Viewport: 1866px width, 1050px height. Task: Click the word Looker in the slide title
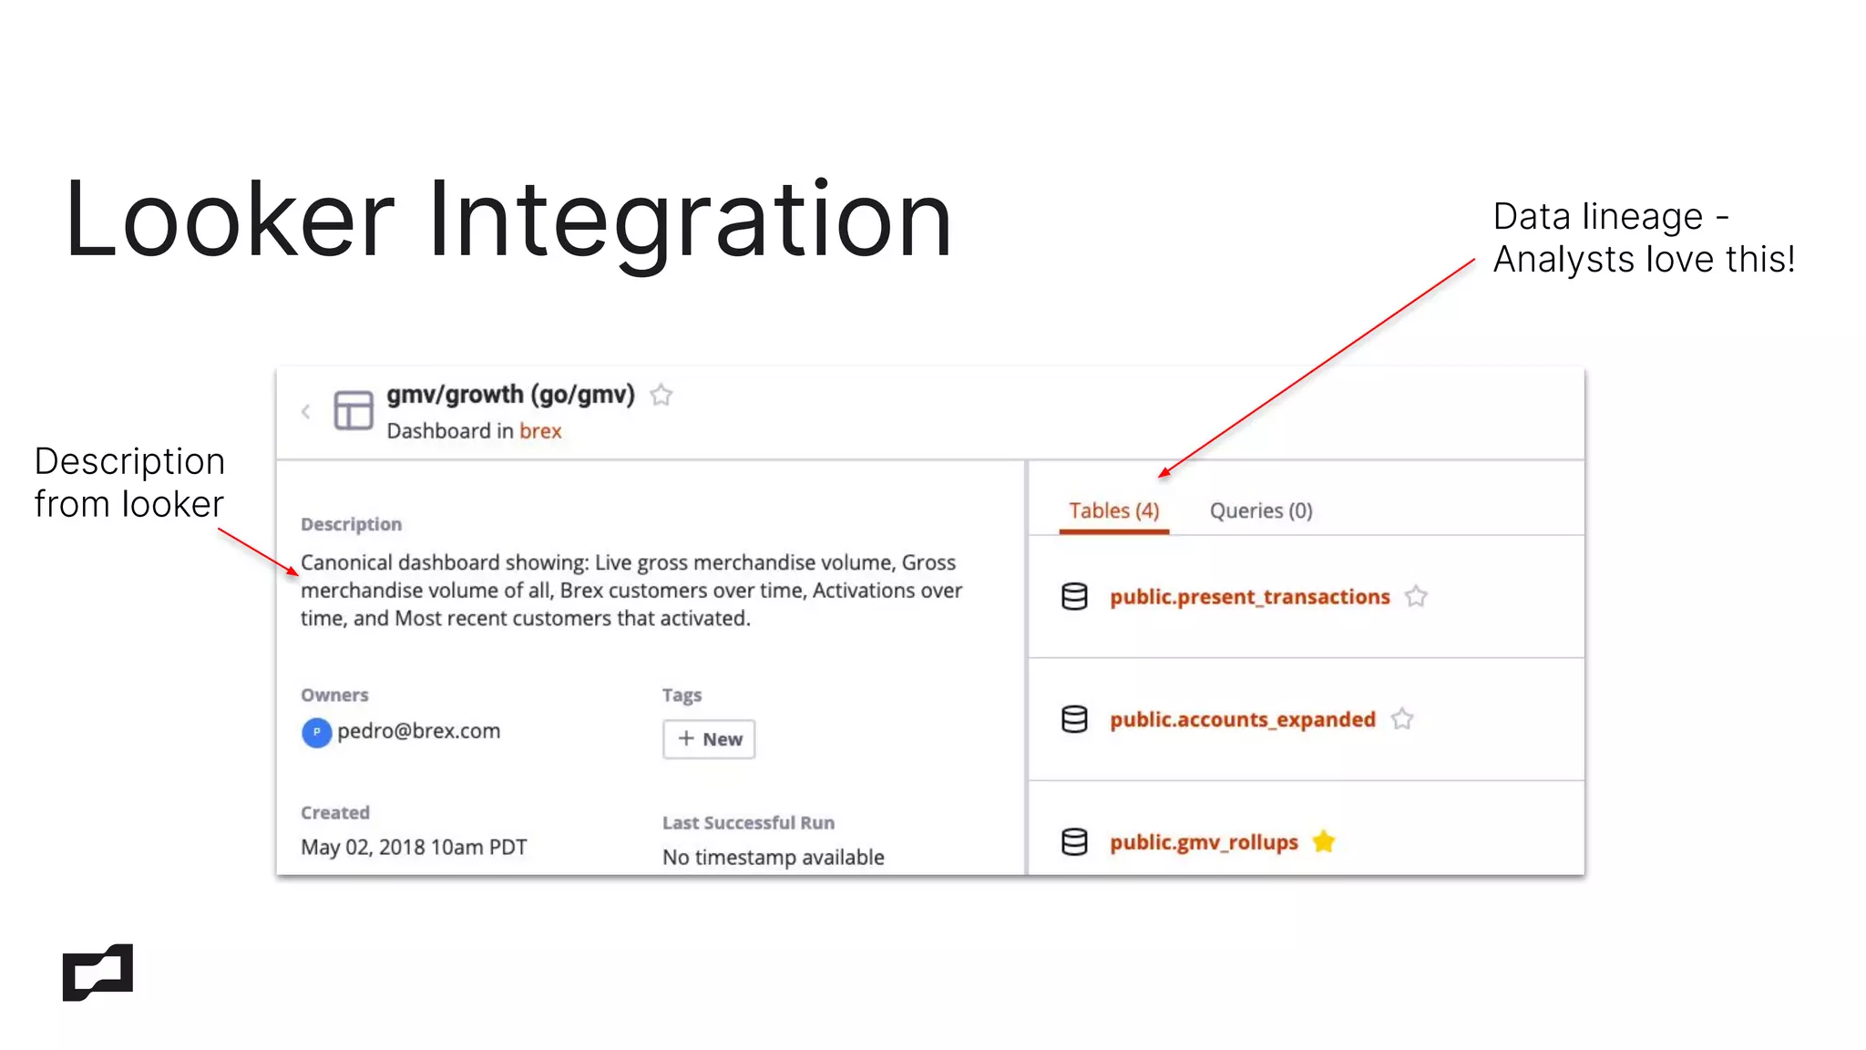click(229, 221)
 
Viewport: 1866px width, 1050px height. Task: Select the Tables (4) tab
click(1113, 511)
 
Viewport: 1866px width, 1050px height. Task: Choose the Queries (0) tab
click(1260, 511)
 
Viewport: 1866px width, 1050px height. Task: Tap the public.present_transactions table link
click(1249, 597)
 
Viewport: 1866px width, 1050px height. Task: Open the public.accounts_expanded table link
click(1242, 720)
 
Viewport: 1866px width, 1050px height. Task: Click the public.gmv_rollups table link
click(1203, 842)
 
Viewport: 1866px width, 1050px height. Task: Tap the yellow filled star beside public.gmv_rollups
click(1324, 842)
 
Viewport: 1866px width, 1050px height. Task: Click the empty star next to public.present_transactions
click(1416, 597)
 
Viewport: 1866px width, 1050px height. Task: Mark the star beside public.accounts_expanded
click(1402, 720)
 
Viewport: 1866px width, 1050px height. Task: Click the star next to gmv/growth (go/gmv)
click(661, 396)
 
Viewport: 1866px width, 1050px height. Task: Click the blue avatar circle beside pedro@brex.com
click(316, 733)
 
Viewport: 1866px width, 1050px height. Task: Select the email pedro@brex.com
click(418, 731)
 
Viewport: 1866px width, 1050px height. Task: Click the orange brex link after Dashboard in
click(540, 431)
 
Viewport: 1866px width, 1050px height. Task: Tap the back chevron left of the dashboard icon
click(306, 412)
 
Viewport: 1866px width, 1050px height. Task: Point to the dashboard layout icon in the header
click(354, 410)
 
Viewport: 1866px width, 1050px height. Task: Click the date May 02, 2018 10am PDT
click(414, 848)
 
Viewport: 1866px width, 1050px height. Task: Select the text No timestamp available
click(773, 858)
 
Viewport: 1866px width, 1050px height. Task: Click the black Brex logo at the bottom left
click(97, 973)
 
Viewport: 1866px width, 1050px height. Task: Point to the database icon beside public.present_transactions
click(1074, 597)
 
